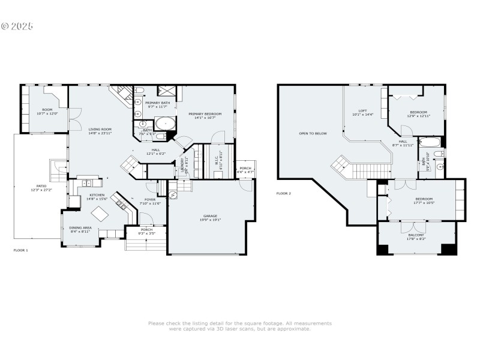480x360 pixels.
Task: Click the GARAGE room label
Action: [210, 216]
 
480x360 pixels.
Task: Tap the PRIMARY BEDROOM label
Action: [205, 114]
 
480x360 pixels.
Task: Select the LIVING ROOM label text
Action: [100, 129]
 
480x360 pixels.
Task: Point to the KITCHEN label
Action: [98, 195]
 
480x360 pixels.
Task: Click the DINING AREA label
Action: [81, 227]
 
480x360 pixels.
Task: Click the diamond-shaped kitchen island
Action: [98, 214]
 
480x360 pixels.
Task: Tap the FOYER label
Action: [150, 200]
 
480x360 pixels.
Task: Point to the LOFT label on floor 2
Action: [362, 110]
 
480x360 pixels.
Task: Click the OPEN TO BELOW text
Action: [313, 133]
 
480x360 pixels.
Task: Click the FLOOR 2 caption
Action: [283, 193]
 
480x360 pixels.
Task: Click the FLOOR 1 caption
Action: [20, 249]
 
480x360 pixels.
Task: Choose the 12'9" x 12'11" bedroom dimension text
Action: [418, 116]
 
